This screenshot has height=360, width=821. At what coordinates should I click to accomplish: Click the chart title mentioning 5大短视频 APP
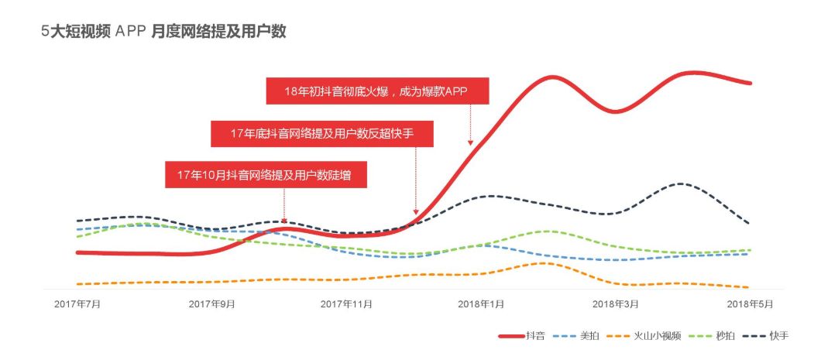(164, 32)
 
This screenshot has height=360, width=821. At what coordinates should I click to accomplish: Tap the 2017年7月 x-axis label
(77, 304)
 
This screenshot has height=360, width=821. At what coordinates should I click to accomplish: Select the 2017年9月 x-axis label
(212, 304)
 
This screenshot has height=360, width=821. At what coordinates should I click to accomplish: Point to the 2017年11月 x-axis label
(346, 304)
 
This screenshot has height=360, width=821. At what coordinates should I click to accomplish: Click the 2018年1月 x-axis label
(481, 304)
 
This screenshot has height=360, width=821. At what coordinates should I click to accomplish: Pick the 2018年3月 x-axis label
(616, 304)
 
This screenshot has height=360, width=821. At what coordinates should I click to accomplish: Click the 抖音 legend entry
(522, 336)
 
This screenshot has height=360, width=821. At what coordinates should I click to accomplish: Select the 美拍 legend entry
(577, 336)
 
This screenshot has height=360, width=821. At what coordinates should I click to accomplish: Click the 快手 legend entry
(768, 336)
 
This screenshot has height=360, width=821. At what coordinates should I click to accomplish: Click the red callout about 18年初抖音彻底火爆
(378, 91)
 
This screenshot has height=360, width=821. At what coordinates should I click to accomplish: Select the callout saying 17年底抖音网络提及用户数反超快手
(322, 133)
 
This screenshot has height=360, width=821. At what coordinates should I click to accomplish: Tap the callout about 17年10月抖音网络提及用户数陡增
(265, 174)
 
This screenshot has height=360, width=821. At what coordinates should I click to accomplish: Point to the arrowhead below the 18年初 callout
(469, 142)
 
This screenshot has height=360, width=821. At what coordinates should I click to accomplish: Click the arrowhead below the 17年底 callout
(416, 212)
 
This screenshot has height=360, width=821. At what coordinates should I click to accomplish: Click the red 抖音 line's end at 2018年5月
(750, 83)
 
